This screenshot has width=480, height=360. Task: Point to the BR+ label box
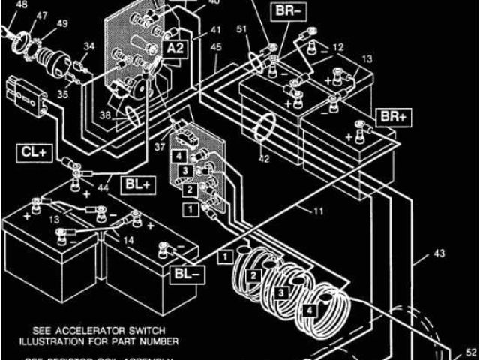tap(392, 118)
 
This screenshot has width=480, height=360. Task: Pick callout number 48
tap(21, 4)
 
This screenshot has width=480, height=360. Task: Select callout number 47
tap(43, 15)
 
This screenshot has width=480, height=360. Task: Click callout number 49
tap(62, 25)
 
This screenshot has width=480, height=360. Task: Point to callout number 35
tap(62, 95)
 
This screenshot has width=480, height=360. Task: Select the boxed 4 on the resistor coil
tap(308, 307)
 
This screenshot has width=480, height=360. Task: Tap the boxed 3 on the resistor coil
tap(281, 291)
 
